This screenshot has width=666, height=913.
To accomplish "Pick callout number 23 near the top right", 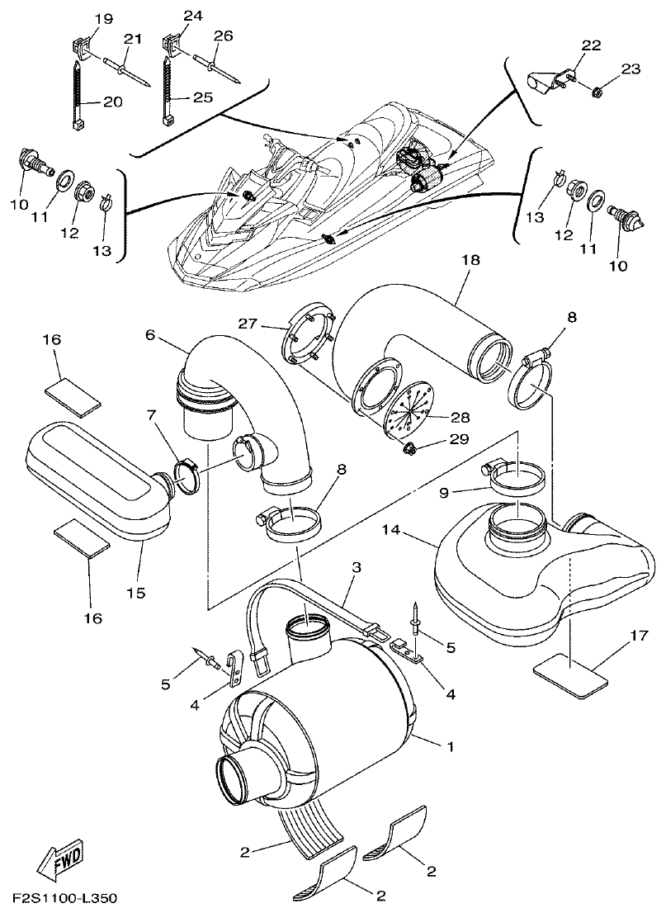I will click(630, 70).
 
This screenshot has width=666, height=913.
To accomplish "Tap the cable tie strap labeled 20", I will click(81, 94).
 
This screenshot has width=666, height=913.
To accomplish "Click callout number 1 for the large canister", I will click(451, 747).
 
